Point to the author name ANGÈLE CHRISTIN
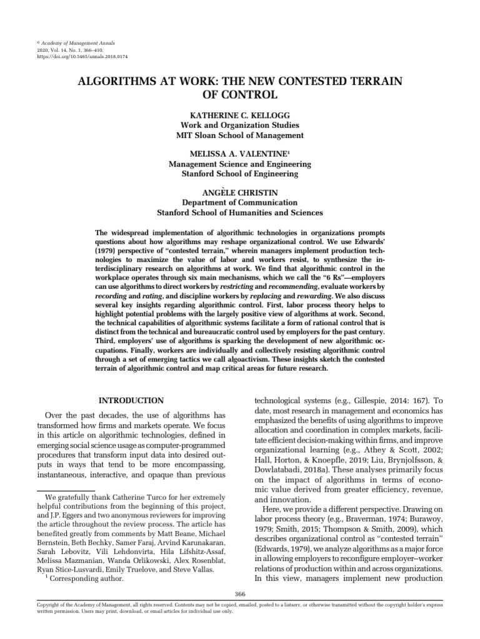click(x=239, y=193)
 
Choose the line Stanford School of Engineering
click(x=239, y=173)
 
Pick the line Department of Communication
click(x=239, y=203)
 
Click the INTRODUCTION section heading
click(x=132, y=401)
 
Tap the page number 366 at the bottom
click(x=239, y=593)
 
